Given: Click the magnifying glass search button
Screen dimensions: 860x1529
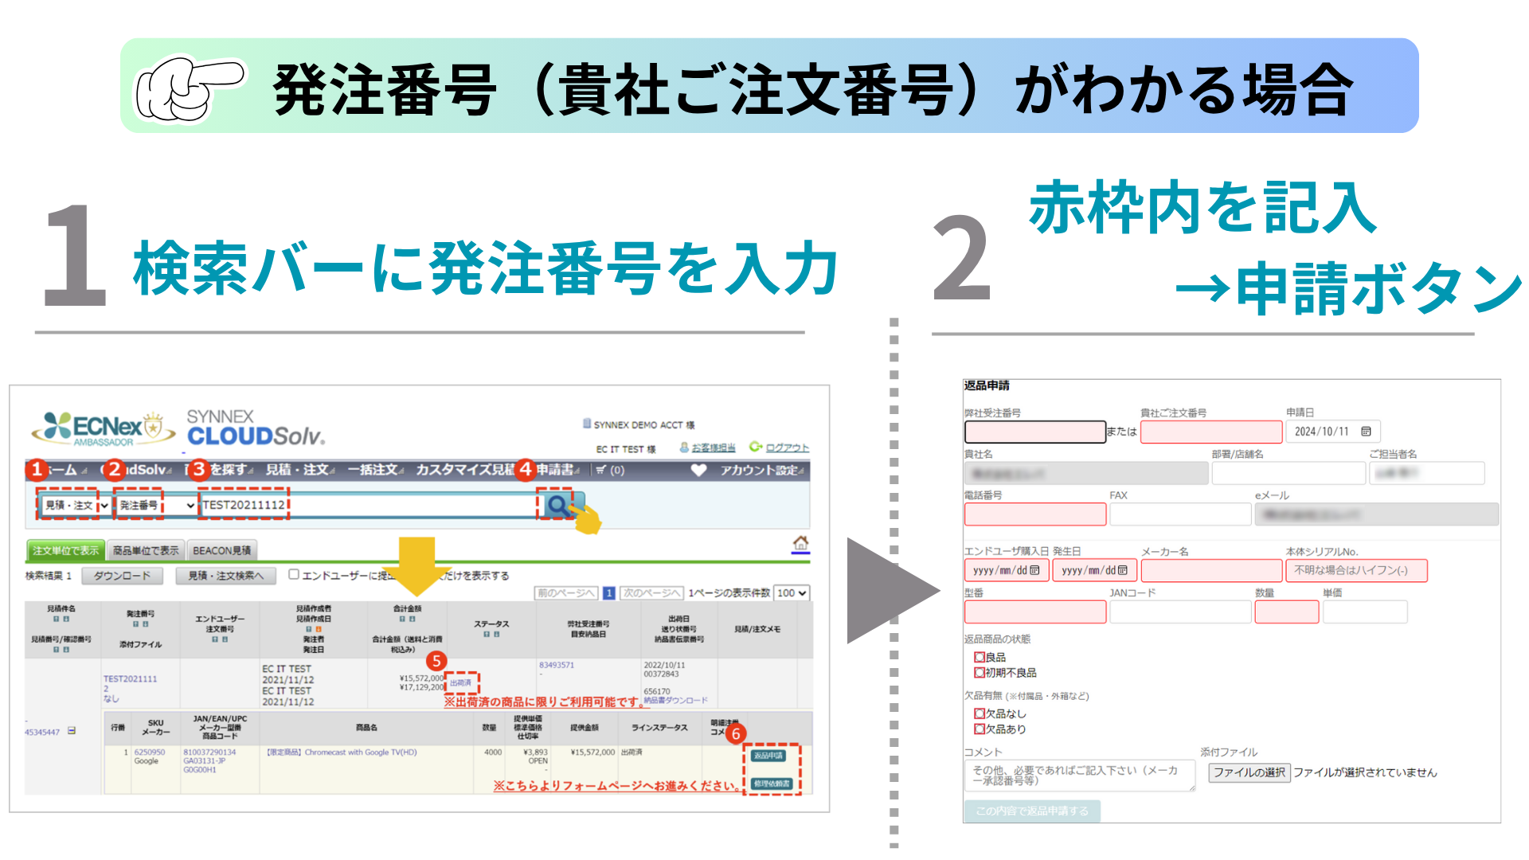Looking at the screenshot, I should click(x=557, y=505).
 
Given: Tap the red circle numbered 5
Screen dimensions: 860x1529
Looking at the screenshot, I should click(x=436, y=661).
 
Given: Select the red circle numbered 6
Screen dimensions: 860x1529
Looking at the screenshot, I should click(x=736, y=733).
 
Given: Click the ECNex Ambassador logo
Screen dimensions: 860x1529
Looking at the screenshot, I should click(x=102, y=428).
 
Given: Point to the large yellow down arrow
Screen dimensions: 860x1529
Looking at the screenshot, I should click(x=416, y=565).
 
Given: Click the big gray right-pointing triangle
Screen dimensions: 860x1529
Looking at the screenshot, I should click(x=888, y=591).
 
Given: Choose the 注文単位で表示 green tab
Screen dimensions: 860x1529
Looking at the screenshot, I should click(x=66, y=550).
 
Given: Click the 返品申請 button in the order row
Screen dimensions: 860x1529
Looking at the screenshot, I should click(x=768, y=756).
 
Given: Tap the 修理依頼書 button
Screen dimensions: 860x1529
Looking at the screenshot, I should click(x=771, y=784).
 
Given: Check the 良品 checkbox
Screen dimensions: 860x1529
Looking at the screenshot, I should click(x=980, y=658).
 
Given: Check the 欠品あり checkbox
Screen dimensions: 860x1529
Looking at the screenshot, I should click(x=980, y=729).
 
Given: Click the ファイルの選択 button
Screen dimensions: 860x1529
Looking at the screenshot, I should click(x=1249, y=772).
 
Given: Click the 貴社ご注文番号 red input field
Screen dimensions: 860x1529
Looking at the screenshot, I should click(x=1210, y=432).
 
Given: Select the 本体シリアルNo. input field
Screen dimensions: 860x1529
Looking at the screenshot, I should click(x=1355, y=570).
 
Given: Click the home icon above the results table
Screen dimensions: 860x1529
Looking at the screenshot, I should click(x=800, y=543).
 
